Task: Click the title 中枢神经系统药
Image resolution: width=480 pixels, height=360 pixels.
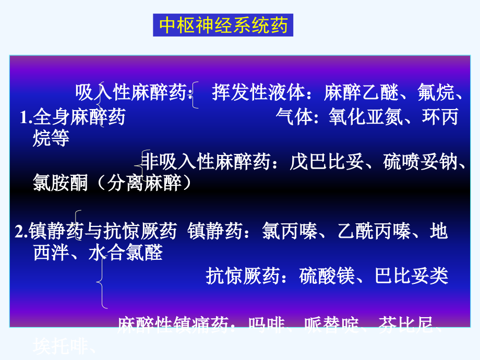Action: pos(223,26)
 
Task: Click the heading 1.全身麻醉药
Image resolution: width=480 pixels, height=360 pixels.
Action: pos(73,117)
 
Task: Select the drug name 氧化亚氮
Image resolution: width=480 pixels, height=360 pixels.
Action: pos(366,117)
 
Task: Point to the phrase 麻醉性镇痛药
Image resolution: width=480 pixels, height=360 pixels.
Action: pos(172,326)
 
